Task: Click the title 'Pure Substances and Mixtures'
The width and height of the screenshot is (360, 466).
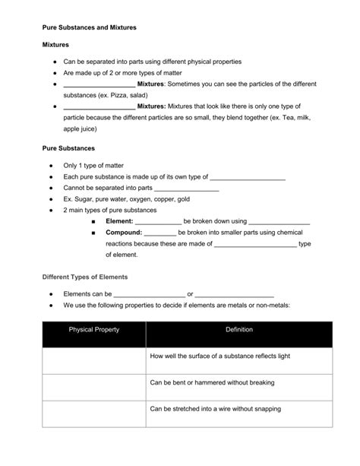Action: pyautogui.click(x=87, y=28)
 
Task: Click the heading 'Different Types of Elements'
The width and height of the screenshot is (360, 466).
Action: pyautogui.click(x=84, y=277)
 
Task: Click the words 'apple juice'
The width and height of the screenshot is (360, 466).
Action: pyautogui.click(x=82, y=130)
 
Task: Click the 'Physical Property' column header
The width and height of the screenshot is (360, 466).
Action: pyautogui.click(x=93, y=329)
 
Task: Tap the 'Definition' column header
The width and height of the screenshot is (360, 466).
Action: pyautogui.click(x=238, y=329)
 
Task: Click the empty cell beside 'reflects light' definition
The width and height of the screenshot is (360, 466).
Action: pyautogui.click(x=93, y=356)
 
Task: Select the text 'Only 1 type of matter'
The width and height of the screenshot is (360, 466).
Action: pyautogui.click(x=93, y=165)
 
